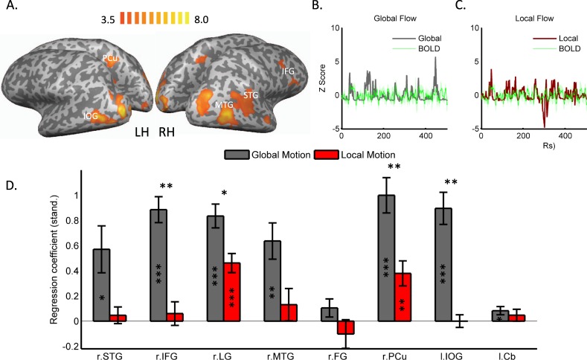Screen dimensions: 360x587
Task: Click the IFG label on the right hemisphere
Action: [287, 71]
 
